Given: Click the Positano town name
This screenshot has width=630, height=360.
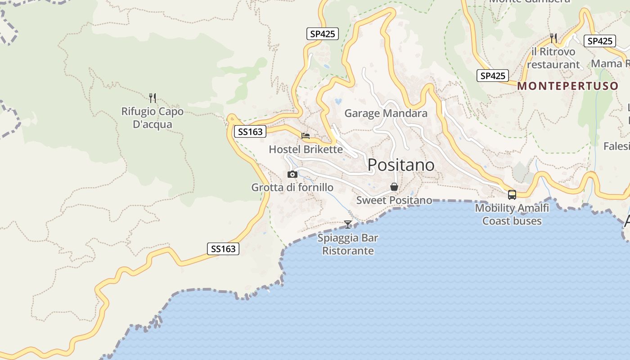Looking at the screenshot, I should [401, 165].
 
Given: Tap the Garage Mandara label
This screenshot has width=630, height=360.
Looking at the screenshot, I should [386, 113].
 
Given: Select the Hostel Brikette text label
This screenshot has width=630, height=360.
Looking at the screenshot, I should [306, 149].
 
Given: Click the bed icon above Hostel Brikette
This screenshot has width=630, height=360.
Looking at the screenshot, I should [306, 135].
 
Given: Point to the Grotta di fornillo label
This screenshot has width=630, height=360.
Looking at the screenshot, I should [292, 187].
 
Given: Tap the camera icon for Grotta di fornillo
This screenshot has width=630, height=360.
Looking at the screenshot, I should [292, 174].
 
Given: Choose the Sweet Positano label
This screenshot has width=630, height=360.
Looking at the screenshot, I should [394, 200].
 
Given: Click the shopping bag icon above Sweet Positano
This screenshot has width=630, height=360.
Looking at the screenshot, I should [394, 187].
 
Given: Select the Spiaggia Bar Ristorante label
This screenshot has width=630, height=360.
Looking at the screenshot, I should [348, 244].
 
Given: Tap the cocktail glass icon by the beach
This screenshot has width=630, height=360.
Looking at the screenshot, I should [348, 224].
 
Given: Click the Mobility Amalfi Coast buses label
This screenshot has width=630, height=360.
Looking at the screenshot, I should [512, 214].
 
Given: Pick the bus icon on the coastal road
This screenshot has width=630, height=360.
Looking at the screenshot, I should [512, 194].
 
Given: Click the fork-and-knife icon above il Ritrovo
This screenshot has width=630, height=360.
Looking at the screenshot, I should [553, 38].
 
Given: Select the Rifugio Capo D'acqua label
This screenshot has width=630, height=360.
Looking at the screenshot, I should [153, 117].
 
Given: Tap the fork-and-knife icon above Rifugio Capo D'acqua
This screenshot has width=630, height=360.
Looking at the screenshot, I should [153, 98].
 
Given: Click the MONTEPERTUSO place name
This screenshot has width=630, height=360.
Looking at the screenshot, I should [568, 86].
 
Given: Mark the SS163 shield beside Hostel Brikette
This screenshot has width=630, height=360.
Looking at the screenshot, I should [250, 132].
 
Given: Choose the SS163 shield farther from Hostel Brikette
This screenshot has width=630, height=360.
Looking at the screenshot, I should [223, 249].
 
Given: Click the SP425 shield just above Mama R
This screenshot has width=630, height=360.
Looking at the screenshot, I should [600, 41].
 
